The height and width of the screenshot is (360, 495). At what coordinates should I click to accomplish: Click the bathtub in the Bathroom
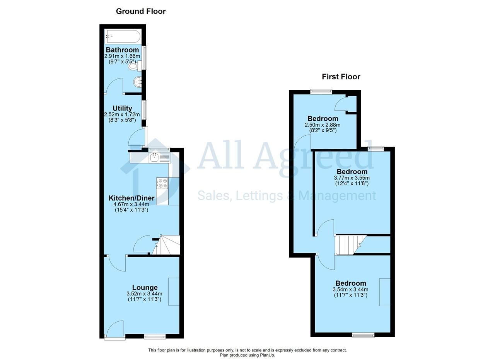(x=123, y=36)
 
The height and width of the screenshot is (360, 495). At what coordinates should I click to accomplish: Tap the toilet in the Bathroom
(x=135, y=66)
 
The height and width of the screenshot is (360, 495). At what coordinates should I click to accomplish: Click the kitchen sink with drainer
(x=160, y=157)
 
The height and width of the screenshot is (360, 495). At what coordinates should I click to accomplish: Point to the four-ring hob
(x=162, y=183)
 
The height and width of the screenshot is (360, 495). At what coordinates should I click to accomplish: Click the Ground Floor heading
(x=141, y=11)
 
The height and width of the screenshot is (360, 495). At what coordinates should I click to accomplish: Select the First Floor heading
(x=341, y=77)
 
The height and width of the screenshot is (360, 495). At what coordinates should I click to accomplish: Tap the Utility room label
(x=123, y=108)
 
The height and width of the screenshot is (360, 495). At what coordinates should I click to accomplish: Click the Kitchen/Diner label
(x=131, y=198)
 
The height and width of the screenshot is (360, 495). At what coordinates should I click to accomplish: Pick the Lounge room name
(x=145, y=287)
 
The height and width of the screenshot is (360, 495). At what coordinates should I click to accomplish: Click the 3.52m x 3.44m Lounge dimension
(x=144, y=294)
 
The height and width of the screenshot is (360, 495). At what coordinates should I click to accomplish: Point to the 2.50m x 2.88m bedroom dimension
(x=323, y=125)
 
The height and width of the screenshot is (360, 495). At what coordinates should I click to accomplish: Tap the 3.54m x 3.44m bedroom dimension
(x=350, y=289)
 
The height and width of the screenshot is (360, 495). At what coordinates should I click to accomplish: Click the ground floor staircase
(x=166, y=245)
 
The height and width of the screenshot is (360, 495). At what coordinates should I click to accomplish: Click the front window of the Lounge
(x=155, y=336)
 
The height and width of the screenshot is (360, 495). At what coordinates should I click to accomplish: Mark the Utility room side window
(x=144, y=110)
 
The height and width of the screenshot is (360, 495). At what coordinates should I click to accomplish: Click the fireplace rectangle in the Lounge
(x=174, y=292)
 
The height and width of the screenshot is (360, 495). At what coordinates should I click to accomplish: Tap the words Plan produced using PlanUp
(x=247, y=355)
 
